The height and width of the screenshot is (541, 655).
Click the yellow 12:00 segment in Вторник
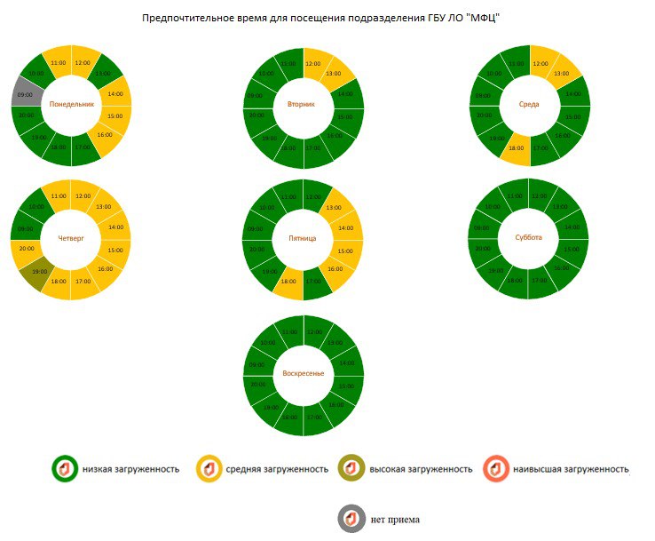[x=312, y=64]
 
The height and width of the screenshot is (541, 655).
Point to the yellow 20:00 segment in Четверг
[x=26, y=250]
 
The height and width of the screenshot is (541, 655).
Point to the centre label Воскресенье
[x=304, y=373]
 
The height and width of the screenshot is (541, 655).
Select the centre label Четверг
[x=71, y=237]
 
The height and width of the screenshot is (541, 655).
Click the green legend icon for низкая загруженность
[x=65, y=468]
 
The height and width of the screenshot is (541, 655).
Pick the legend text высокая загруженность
[x=421, y=469]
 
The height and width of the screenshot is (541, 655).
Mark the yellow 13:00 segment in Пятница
[x=334, y=208]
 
